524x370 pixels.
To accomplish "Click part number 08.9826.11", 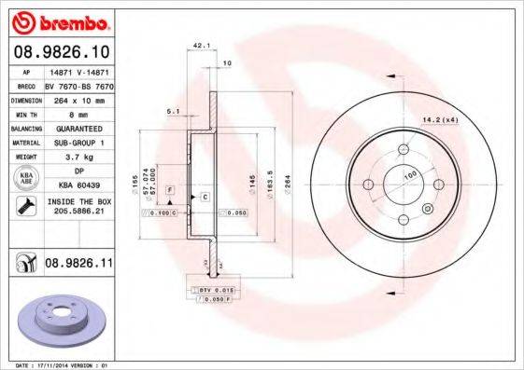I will click(x=78, y=266).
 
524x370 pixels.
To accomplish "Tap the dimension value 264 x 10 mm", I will click(x=78, y=98).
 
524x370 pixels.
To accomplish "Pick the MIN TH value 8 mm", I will click(x=78, y=112).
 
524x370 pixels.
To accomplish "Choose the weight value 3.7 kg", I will click(x=78, y=158).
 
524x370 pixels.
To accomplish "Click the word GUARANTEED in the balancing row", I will click(x=78, y=128).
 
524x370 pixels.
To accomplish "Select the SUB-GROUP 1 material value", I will click(x=78, y=143).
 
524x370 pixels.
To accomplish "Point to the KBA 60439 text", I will click(x=78, y=185).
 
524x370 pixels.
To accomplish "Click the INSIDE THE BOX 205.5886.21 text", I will click(x=78, y=207).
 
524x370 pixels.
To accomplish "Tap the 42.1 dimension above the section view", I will click(x=199, y=44).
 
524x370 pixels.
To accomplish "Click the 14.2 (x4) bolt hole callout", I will click(x=464, y=118).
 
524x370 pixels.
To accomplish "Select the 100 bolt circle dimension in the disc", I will click(x=408, y=174).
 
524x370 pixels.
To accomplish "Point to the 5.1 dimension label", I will click(x=172, y=112).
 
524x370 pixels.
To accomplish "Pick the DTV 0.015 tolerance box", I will click(x=216, y=292).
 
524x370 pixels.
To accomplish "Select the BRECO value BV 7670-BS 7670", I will click(x=78, y=83).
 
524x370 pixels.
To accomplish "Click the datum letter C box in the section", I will click(x=204, y=198).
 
